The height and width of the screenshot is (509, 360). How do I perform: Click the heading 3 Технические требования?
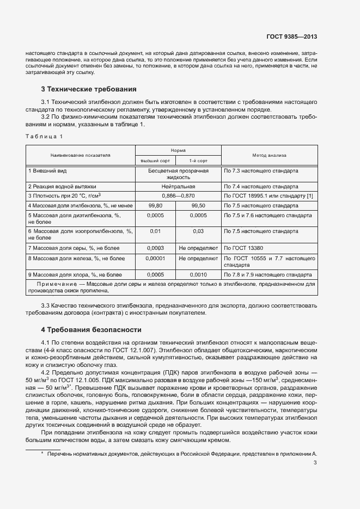89,89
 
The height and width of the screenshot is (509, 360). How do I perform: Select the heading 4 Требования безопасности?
91,330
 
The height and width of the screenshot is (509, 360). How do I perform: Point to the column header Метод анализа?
269,155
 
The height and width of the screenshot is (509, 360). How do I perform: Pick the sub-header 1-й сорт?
198,161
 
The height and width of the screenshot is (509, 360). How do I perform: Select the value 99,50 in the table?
198,206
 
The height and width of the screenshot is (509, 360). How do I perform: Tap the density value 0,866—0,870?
178,195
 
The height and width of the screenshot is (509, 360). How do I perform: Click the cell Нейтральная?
178,186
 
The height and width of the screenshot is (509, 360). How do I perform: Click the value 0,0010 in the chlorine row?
198,274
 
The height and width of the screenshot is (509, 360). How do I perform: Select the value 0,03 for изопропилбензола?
198,231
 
